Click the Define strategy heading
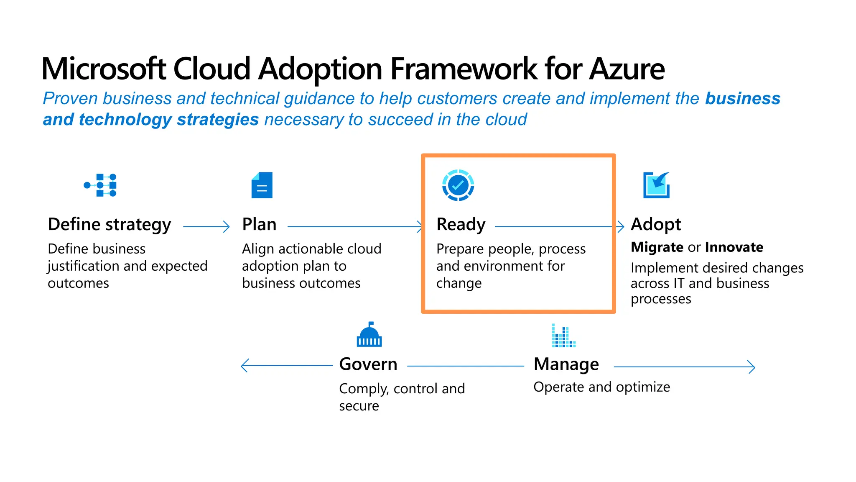point(110,225)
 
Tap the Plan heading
point(259,225)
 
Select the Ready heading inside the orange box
point(461,225)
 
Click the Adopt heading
point(655,225)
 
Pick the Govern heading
point(368,364)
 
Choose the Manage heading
point(566,364)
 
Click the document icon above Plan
point(262,185)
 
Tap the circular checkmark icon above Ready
point(458,185)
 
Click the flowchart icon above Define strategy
point(101,185)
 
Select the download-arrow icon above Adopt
point(656,185)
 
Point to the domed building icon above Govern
point(369,335)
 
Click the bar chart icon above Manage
point(563,336)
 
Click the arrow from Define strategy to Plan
point(206,227)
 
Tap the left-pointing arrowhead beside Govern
point(245,366)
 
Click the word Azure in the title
point(627,69)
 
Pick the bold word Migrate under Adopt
point(657,247)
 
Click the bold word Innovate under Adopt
point(734,247)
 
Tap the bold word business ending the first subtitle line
point(742,99)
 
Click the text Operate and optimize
point(601,387)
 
